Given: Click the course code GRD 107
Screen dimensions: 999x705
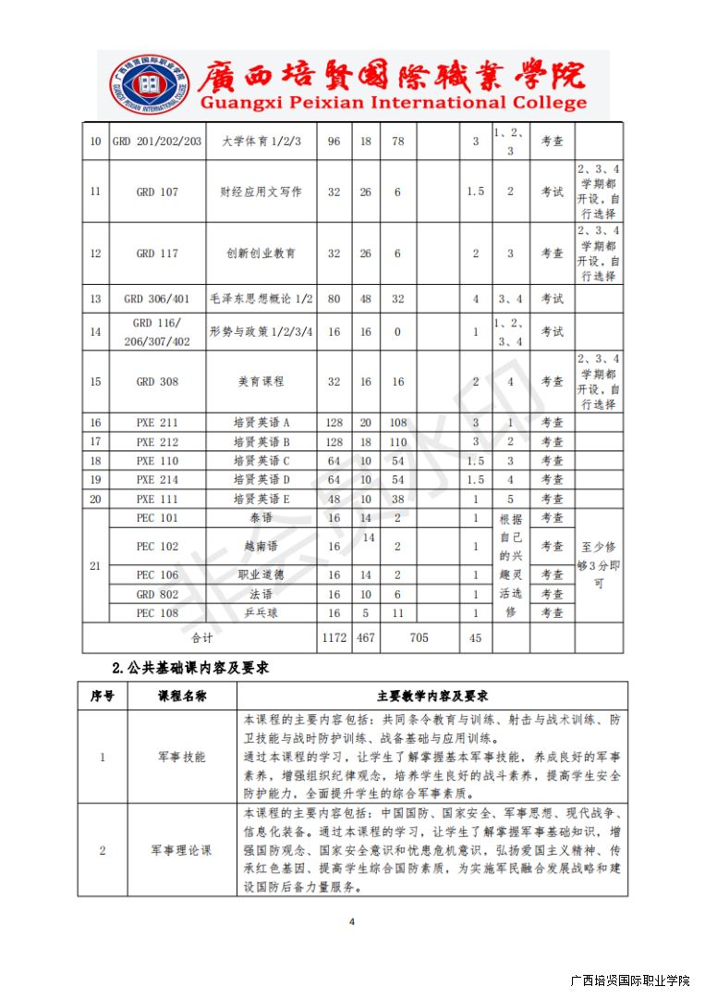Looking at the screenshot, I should [x=157, y=191].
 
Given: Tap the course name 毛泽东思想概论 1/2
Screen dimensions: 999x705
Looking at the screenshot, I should [x=261, y=299].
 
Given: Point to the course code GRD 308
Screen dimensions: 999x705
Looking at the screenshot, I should [x=157, y=381].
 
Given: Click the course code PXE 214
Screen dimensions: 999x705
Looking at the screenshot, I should [x=157, y=480].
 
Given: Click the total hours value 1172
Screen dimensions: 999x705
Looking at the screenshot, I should [x=334, y=638].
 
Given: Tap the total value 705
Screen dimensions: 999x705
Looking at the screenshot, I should [x=419, y=638].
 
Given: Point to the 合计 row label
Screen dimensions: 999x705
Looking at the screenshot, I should [x=201, y=638].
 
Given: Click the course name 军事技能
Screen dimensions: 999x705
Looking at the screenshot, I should [x=181, y=757].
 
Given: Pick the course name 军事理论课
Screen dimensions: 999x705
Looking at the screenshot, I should [x=181, y=850].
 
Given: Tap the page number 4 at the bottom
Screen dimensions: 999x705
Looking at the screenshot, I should [x=352, y=921].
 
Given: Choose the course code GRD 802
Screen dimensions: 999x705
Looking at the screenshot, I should [x=157, y=595].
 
